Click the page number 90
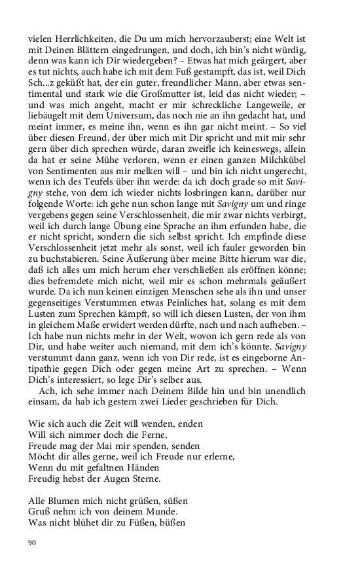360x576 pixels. (x=32, y=542)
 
